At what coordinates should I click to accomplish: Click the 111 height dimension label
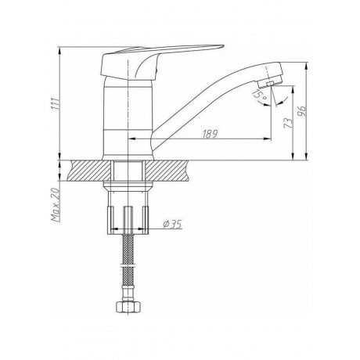pos(55,104)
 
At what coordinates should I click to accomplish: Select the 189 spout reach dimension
pos(210,134)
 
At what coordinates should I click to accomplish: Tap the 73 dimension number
pos(288,123)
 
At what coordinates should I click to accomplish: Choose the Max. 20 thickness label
pos(56,205)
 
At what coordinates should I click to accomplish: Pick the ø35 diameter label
pos(172,224)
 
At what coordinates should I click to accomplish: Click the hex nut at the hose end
pos(128,308)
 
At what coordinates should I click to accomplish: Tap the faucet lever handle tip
pos(221,47)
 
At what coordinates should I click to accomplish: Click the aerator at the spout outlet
pos(270,83)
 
